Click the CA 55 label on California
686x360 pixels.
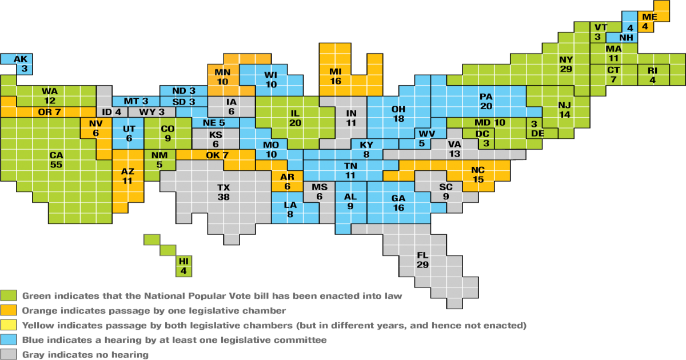pyautogui.click(x=56, y=160)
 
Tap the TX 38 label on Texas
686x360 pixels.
pyautogui.click(x=224, y=192)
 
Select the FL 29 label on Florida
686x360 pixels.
pyautogui.click(x=423, y=260)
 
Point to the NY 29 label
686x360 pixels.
pyautogui.click(x=566, y=64)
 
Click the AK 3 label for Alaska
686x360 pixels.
pyautogui.click(x=21, y=63)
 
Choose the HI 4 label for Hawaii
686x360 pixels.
pyautogui.click(x=184, y=266)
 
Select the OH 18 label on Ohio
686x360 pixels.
pyautogui.click(x=398, y=114)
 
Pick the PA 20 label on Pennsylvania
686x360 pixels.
pyautogui.click(x=486, y=102)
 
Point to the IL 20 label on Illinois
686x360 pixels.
pyautogui.click(x=295, y=118)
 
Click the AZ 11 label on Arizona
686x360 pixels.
pyautogui.click(x=127, y=176)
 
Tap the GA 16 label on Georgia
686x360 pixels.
pyautogui.click(x=398, y=203)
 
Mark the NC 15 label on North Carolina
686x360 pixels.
pyautogui.click(x=478, y=175)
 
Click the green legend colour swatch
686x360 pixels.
pyautogui.click(x=9, y=296)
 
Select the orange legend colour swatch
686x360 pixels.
pyautogui.click(x=9, y=311)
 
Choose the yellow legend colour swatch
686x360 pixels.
pyautogui.click(x=9, y=326)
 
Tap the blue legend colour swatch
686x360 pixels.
pyautogui.click(x=9, y=340)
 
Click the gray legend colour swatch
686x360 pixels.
pyautogui.click(x=9, y=354)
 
